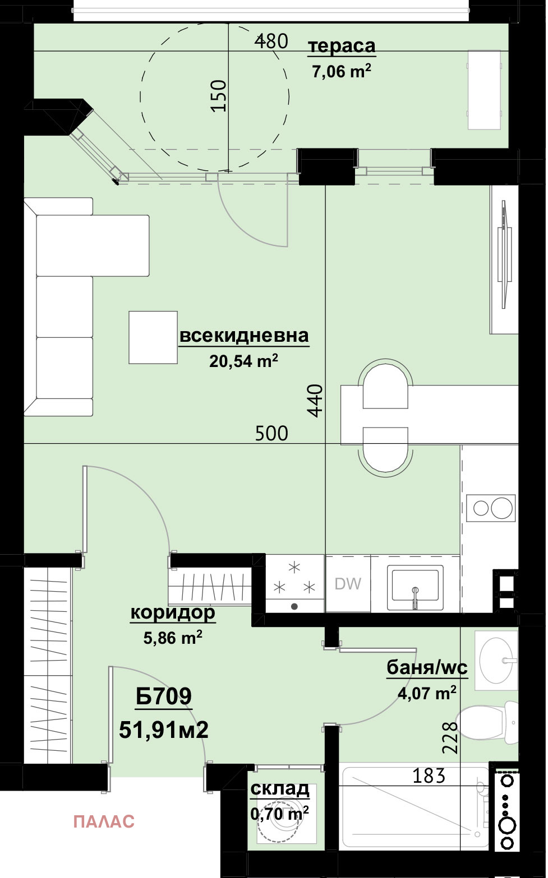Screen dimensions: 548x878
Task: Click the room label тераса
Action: (x=342, y=46)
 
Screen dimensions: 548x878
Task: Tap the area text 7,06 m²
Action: (x=341, y=71)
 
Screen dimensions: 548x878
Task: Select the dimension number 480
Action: (x=271, y=41)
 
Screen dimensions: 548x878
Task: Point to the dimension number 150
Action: (x=219, y=96)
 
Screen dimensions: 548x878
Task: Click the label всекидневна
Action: (x=244, y=336)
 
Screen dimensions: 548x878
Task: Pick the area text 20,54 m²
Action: (x=243, y=361)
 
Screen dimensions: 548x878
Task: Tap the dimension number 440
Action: (x=315, y=400)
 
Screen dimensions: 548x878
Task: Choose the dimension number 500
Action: (x=271, y=433)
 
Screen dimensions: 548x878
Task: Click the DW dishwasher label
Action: (x=348, y=584)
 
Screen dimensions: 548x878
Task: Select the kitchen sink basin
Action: (x=415, y=587)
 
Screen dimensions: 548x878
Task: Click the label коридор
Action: (x=173, y=612)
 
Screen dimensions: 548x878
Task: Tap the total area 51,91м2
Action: (x=164, y=730)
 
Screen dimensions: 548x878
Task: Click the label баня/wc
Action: (x=427, y=667)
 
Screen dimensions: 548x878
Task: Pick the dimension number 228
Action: (x=450, y=738)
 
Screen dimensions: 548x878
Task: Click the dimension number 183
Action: (x=429, y=775)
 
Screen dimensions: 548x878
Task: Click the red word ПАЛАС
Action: (x=104, y=821)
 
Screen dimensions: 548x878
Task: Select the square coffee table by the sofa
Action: (x=153, y=337)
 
